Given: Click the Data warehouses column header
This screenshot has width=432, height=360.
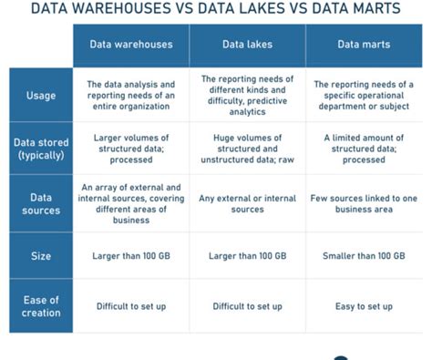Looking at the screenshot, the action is (131, 45).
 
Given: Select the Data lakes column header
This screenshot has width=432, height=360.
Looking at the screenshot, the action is (247, 45).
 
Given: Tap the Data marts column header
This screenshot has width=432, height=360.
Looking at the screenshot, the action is (363, 45).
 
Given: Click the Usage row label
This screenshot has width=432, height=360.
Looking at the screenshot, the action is (42, 96).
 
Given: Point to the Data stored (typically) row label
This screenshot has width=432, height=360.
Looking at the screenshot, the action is (42, 148).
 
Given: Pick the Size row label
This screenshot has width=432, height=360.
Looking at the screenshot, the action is (42, 256).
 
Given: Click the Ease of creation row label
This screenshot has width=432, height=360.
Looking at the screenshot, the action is (42, 306).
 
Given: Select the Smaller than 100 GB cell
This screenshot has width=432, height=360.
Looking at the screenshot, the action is (363, 256).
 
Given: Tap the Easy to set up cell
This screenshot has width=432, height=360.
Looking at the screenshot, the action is (363, 306).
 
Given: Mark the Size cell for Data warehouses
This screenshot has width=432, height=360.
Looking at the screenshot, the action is (131, 256).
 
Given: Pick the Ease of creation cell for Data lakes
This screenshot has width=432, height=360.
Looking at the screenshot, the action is (247, 306).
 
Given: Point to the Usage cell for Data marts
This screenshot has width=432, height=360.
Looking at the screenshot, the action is (363, 96).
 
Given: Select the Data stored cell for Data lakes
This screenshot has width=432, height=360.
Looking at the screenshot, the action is (247, 148).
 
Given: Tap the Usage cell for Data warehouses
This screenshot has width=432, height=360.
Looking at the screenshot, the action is (131, 96).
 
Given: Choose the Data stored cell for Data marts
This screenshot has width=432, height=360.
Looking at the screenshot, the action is (363, 148).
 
